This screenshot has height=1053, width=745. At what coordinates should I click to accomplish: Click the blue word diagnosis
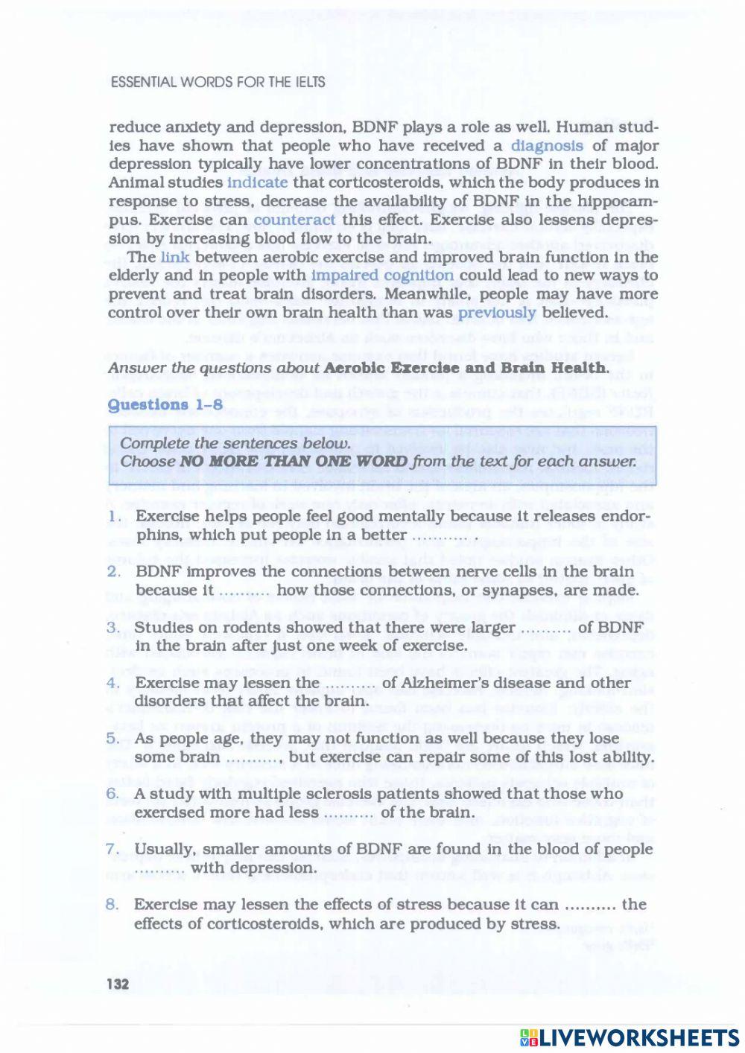(547, 146)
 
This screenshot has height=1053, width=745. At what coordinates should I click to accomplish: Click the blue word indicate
(257, 182)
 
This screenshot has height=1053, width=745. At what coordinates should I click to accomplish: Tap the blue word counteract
(294, 220)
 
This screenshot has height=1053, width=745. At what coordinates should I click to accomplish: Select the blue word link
(175, 257)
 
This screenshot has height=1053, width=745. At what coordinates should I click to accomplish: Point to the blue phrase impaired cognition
(382, 276)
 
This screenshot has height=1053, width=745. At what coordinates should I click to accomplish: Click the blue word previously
(497, 313)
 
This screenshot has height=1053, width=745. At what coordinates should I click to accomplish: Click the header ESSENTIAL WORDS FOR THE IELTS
(218, 83)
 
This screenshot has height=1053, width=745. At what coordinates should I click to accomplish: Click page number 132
(118, 984)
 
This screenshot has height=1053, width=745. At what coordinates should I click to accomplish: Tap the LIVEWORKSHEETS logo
(630, 1037)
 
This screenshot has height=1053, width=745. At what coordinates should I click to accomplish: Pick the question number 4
(113, 683)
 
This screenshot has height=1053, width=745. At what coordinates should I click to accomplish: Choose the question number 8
(112, 905)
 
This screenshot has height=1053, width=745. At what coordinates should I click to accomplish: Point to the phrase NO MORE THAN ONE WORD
(294, 462)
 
